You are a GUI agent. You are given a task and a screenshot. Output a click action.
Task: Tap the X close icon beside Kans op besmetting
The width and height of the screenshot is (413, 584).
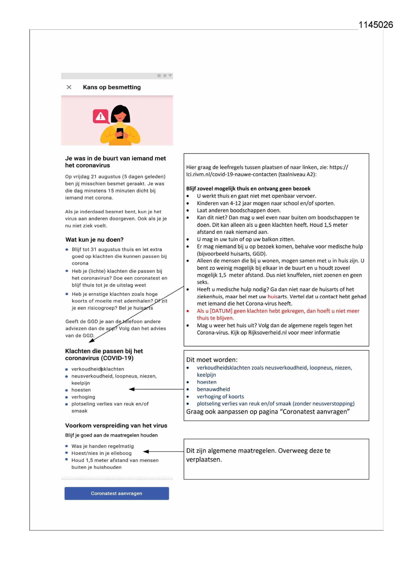point(69,87)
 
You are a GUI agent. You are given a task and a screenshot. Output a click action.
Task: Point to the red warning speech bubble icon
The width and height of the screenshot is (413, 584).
point(100,116)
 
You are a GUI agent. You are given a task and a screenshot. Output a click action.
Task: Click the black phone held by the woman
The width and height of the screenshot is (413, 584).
point(120,133)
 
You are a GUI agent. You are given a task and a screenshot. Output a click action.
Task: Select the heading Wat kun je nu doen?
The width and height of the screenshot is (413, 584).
point(94,240)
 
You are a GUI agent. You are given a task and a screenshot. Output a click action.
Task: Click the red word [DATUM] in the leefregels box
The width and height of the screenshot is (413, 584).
point(221,311)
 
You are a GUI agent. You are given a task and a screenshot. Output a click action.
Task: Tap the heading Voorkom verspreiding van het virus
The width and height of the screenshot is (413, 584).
point(116,426)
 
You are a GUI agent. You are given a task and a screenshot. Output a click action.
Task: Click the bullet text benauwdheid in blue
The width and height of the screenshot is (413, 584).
point(213,389)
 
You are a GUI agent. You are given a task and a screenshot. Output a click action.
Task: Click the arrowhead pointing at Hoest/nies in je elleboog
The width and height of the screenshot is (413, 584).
point(146,451)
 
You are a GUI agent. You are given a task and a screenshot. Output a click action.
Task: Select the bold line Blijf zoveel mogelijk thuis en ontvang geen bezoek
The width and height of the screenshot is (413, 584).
point(248,189)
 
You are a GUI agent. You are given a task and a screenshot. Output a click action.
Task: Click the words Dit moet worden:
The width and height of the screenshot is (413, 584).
point(211,360)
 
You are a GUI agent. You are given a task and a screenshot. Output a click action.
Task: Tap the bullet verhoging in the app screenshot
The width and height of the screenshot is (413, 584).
point(83,397)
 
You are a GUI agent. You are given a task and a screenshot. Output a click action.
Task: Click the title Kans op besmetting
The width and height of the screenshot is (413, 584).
point(112,87)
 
